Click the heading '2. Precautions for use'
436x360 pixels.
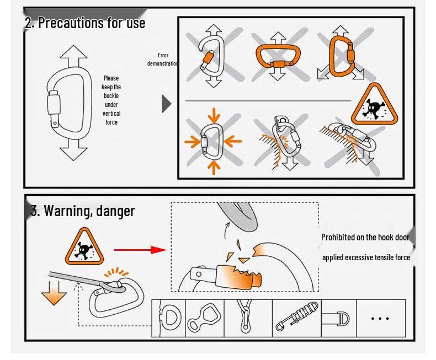[x=85, y=23]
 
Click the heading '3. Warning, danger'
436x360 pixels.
[x=83, y=211]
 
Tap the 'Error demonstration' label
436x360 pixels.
[x=162, y=60]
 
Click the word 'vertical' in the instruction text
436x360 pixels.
[x=111, y=114]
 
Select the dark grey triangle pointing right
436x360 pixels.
[x=167, y=104]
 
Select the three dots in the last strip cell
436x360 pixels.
[x=381, y=318]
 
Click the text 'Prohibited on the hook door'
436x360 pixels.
[x=365, y=237]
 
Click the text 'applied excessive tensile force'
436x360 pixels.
[x=366, y=257]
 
